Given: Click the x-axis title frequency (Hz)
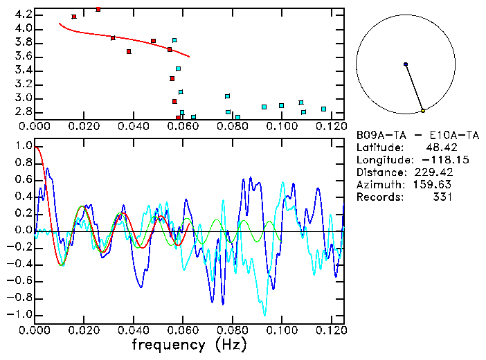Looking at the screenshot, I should coord(188,344).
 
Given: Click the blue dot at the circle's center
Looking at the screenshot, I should coord(406,64).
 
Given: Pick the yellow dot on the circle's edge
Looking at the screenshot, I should coord(423,111).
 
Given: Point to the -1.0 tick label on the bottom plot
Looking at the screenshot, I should coord(20,314).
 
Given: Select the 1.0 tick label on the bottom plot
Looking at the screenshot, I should coord(23,146).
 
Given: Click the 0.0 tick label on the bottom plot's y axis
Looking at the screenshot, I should coord(23,231).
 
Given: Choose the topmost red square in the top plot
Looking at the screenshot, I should coord(98,9).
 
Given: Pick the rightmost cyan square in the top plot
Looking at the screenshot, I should coord(323,109).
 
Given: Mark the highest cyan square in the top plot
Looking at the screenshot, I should coord(174,40).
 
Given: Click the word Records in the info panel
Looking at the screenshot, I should coord(379,197).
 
